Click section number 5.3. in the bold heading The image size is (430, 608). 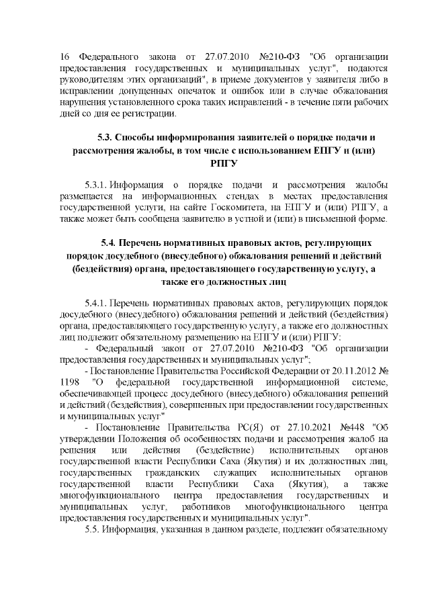(111, 138)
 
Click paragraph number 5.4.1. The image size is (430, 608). (95, 302)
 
